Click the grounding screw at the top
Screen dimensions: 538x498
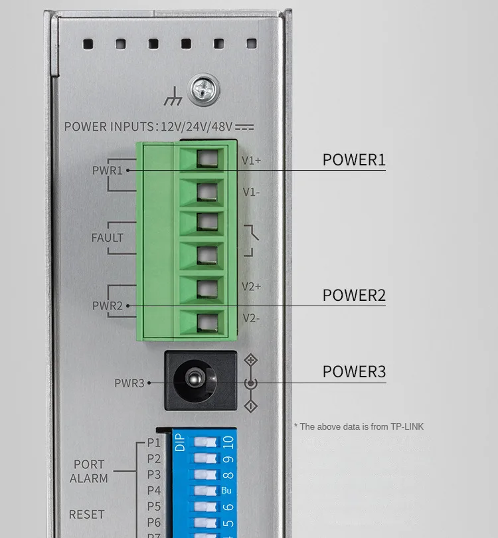tap(204, 91)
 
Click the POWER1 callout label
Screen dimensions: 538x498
tap(354, 160)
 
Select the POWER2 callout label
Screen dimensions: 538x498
tap(354, 296)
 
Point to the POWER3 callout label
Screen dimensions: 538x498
tap(354, 372)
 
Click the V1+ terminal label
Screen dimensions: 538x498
tap(251, 160)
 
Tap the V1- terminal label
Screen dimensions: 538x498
tap(250, 192)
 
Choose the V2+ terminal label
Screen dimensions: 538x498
tap(251, 286)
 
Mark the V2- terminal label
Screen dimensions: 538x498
tap(250, 318)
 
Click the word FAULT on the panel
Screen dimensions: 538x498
tap(108, 237)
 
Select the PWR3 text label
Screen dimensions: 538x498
tap(129, 383)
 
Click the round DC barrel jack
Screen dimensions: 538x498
tap(195, 381)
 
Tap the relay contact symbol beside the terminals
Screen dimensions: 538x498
tap(250, 240)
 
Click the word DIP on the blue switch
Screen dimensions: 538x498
tap(180, 444)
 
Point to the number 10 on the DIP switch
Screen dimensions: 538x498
tap(228, 442)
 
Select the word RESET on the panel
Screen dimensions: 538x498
tap(87, 515)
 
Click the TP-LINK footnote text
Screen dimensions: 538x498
tap(359, 426)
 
